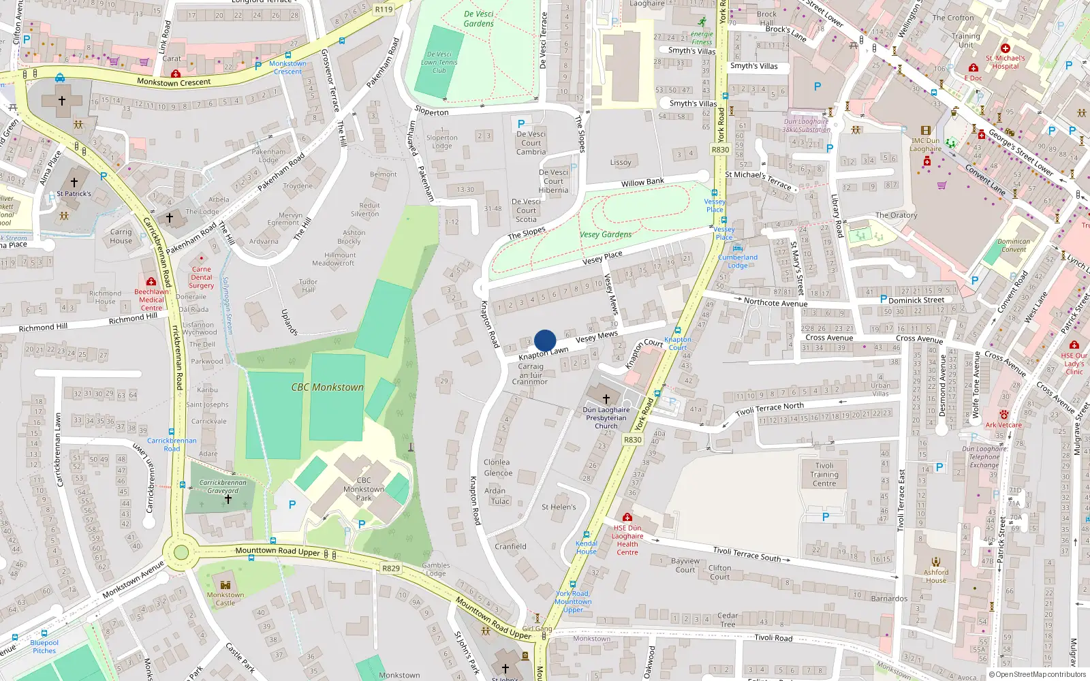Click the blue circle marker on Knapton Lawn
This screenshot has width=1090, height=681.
pyautogui.click(x=545, y=340)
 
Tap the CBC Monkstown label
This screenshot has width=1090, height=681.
pyautogui.click(x=328, y=387)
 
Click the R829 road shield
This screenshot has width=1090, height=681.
pyautogui.click(x=391, y=568)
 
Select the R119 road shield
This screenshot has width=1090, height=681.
pyautogui.click(x=384, y=10)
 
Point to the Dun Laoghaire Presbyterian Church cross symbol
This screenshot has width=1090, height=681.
pyautogui.click(x=606, y=398)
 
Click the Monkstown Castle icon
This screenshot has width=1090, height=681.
pyautogui.click(x=225, y=584)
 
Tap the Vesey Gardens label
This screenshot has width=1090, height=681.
pyautogui.click(x=606, y=234)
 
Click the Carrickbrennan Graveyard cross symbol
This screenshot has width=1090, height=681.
pyautogui.click(x=228, y=499)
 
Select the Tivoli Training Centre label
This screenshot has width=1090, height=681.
pyautogui.click(x=824, y=475)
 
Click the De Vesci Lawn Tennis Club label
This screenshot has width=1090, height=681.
pyautogui.click(x=439, y=62)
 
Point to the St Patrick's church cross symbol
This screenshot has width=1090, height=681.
pyautogui.click(x=74, y=183)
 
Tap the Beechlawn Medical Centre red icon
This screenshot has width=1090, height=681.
pyautogui.click(x=151, y=281)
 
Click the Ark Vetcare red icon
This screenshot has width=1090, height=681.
pyautogui.click(x=1003, y=414)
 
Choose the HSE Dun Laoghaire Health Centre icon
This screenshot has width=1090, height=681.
pyautogui.click(x=627, y=518)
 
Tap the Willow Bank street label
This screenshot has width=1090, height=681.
pyautogui.click(x=642, y=182)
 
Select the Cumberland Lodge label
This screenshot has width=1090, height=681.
pyautogui.click(x=738, y=262)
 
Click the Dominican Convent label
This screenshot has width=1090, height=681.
pyautogui.click(x=1014, y=245)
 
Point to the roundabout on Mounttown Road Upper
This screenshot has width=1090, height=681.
pyautogui.click(x=181, y=551)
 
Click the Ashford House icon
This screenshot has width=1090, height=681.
pyautogui.click(x=936, y=562)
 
